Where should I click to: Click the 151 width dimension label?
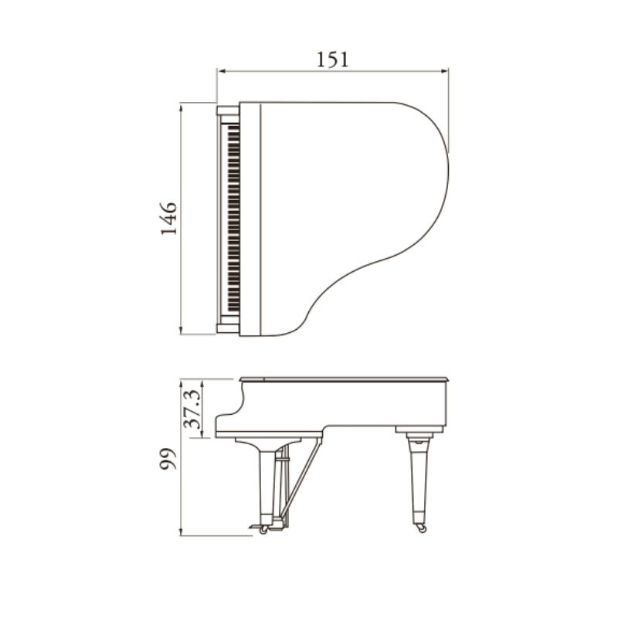pyautogui.click(x=333, y=59)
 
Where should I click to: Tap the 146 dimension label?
pyautogui.click(x=168, y=219)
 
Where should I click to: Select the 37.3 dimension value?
pyautogui.click(x=193, y=409)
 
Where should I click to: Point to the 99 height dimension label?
pyautogui.click(x=168, y=459)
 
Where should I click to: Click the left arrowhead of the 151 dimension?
pyautogui.click(x=222, y=71)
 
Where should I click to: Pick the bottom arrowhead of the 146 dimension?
pyautogui.click(x=181, y=331)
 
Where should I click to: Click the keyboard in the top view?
pyautogui.click(x=234, y=219)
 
